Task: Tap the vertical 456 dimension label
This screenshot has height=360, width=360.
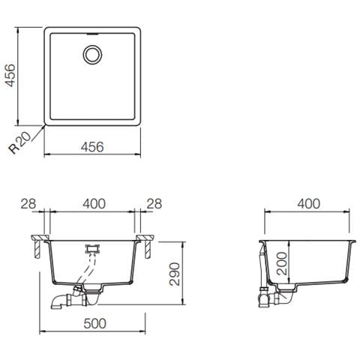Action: click(10, 75)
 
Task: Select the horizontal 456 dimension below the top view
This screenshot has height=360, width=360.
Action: click(92, 147)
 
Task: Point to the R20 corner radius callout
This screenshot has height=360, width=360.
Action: click(19, 142)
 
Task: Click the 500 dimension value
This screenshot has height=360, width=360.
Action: click(94, 323)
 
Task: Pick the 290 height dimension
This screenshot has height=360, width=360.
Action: click(175, 274)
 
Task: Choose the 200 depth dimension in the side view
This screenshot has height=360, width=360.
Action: click(282, 263)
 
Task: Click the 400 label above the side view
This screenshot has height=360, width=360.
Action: click(308, 204)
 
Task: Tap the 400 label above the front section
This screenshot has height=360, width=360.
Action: click(94, 204)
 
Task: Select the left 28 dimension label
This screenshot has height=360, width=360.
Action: click(28, 204)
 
